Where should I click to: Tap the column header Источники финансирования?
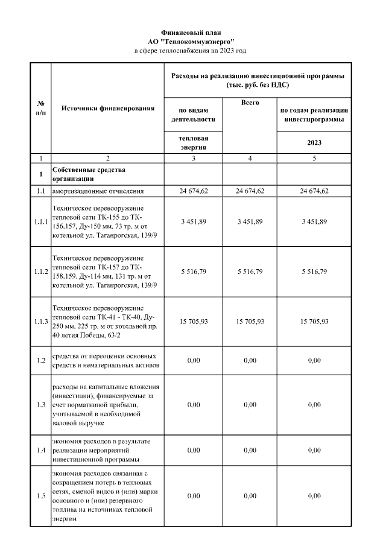coord(107,108)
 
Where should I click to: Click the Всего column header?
coord(250,103)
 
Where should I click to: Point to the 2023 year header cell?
coord(314,142)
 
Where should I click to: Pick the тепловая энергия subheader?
coord(194,142)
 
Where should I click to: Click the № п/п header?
coord(40,108)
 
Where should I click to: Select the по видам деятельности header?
coord(194,115)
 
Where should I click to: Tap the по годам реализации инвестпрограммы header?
coord(314,115)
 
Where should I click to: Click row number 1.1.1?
coord(40,222)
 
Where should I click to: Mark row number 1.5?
coord(40,496)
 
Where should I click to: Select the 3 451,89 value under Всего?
coord(250,222)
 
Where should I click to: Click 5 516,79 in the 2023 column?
coord(314,272)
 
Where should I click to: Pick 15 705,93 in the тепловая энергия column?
coord(194,322)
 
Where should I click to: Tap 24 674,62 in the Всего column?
coord(250,191)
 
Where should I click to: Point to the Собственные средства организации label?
coord(81,174)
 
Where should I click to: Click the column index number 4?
coord(250,158)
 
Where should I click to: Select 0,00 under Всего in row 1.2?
coord(250,360)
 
